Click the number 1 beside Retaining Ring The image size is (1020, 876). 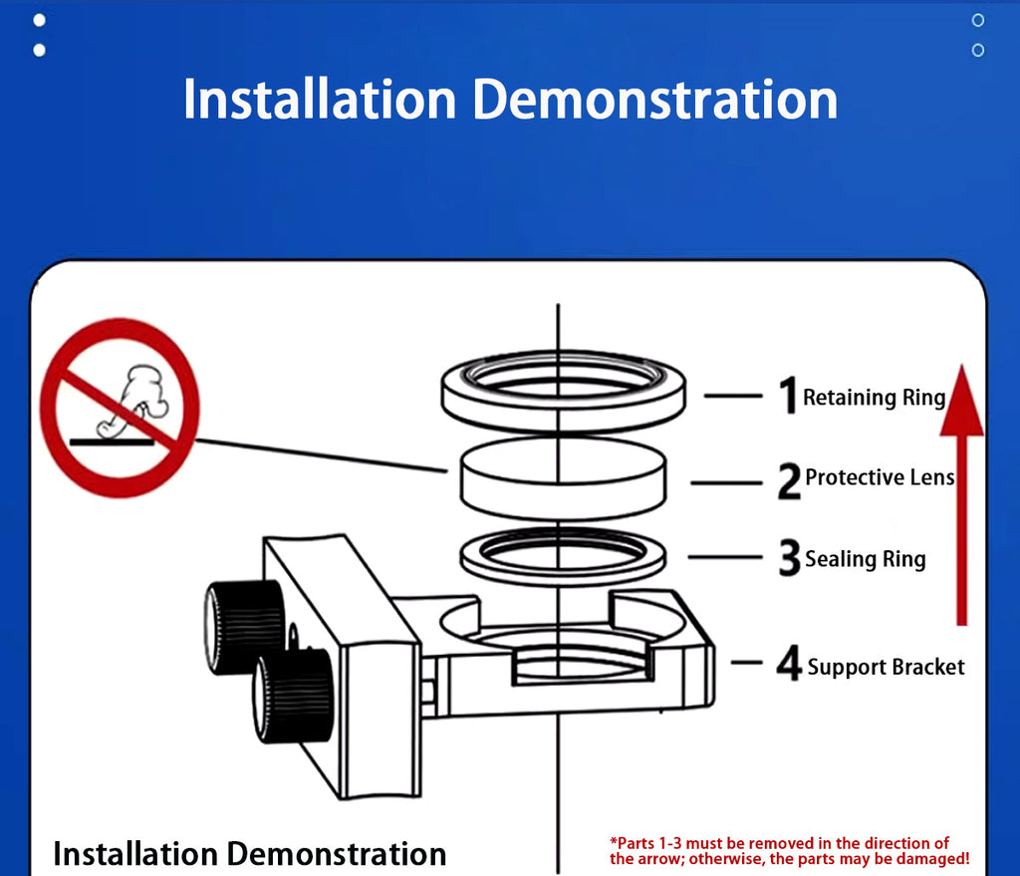tap(789, 395)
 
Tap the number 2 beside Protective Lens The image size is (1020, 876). tap(789, 481)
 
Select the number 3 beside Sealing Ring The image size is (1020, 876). tap(790, 557)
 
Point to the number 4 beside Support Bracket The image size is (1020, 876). tap(789, 663)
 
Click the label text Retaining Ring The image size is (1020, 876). tap(875, 397)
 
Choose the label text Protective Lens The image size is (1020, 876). tap(880, 477)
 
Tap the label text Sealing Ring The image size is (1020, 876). tap(866, 559)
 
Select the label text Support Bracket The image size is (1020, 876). tap(886, 667)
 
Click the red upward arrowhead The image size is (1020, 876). tap(961, 401)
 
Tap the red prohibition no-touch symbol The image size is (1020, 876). tap(120, 408)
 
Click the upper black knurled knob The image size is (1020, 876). tap(244, 626)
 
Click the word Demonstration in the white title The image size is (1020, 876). tap(655, 100)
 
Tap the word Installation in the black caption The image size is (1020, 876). tap(135, 854)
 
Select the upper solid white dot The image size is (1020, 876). tap(39, 20)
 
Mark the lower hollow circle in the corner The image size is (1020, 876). tap(978, 50)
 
